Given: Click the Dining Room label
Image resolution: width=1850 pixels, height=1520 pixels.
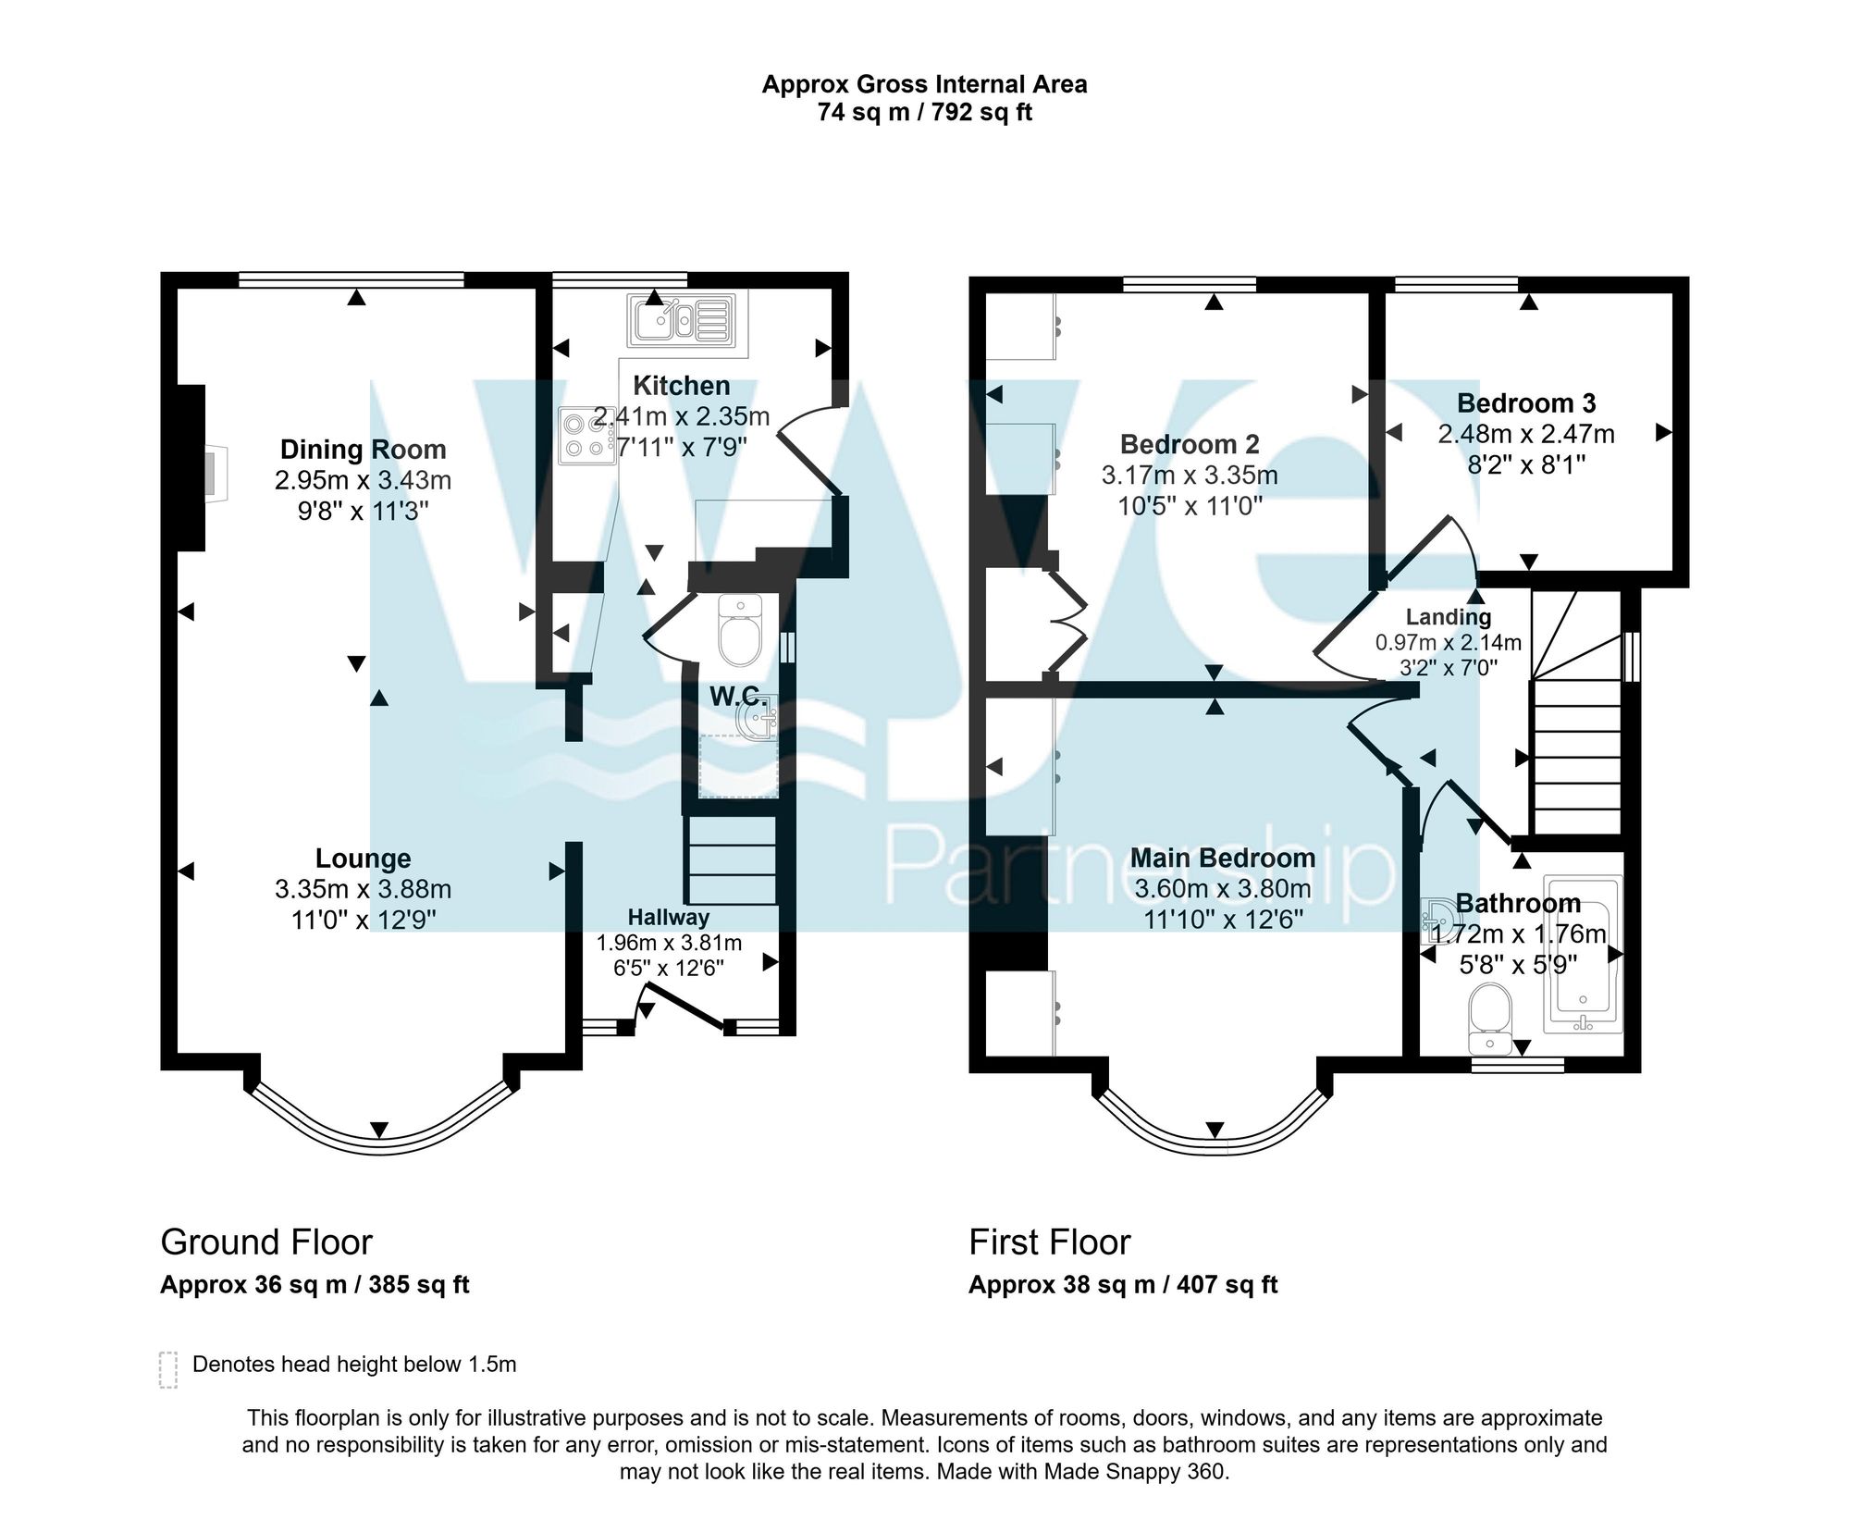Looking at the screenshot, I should click(363, 450).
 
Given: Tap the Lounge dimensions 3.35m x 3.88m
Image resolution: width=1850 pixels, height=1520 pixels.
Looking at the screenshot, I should click(363, 889).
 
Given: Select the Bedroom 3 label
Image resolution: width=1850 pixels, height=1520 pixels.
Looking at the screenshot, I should click(1526, 403).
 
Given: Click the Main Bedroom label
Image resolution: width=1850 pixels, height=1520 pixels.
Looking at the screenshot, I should click(1222, 858).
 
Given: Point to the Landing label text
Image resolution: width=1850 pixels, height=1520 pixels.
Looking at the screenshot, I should click(1449, 617).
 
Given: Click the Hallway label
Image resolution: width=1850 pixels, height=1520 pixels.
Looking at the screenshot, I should click(669, 918).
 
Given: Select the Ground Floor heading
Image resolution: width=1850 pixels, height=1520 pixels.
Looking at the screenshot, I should click(266, 1242).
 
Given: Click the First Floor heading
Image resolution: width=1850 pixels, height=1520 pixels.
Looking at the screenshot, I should click(1049, 1242).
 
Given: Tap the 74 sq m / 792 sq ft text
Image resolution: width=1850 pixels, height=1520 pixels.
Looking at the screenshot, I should click(924, 113).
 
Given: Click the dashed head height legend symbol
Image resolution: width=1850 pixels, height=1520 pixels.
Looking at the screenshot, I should click(167, 1370).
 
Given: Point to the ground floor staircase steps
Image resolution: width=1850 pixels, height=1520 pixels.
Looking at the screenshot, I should click(731, 860).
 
